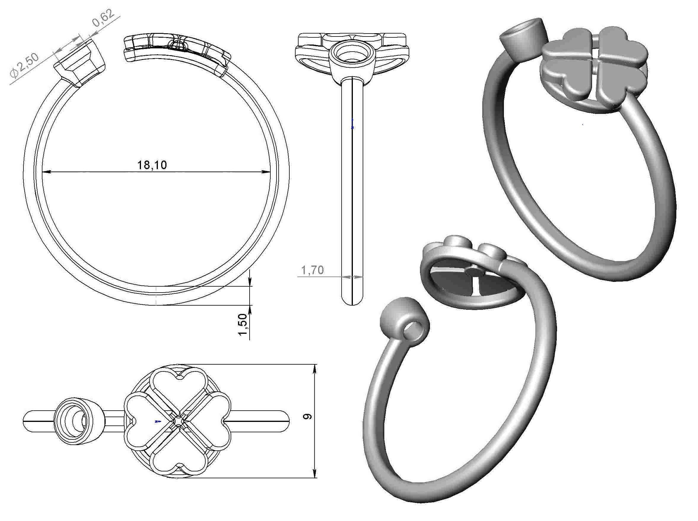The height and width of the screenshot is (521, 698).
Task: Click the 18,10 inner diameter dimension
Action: pos(152,165)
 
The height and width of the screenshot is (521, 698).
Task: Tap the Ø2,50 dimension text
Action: pos(25,65)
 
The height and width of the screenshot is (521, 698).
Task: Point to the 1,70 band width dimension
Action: pos(312,270)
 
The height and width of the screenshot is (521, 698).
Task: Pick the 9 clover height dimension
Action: pos(307,416)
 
